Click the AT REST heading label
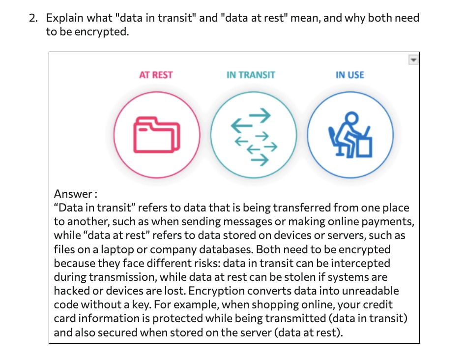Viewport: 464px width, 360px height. point(156,75)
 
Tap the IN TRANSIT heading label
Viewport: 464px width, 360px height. point(251,75)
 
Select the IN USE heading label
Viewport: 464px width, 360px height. point(350,75)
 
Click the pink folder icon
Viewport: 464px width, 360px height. point(156,135)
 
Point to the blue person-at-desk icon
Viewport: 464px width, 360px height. point(350,135)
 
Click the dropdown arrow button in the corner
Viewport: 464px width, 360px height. point(413,60)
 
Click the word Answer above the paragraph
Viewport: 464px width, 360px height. point(73,194)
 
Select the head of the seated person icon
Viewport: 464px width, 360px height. point(351,118)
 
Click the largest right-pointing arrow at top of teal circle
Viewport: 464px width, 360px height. point(260,115)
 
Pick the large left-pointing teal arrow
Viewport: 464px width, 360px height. point(242,125)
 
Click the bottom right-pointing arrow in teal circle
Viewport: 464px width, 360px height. point(260,160)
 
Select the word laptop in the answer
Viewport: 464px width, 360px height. point(117,249)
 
